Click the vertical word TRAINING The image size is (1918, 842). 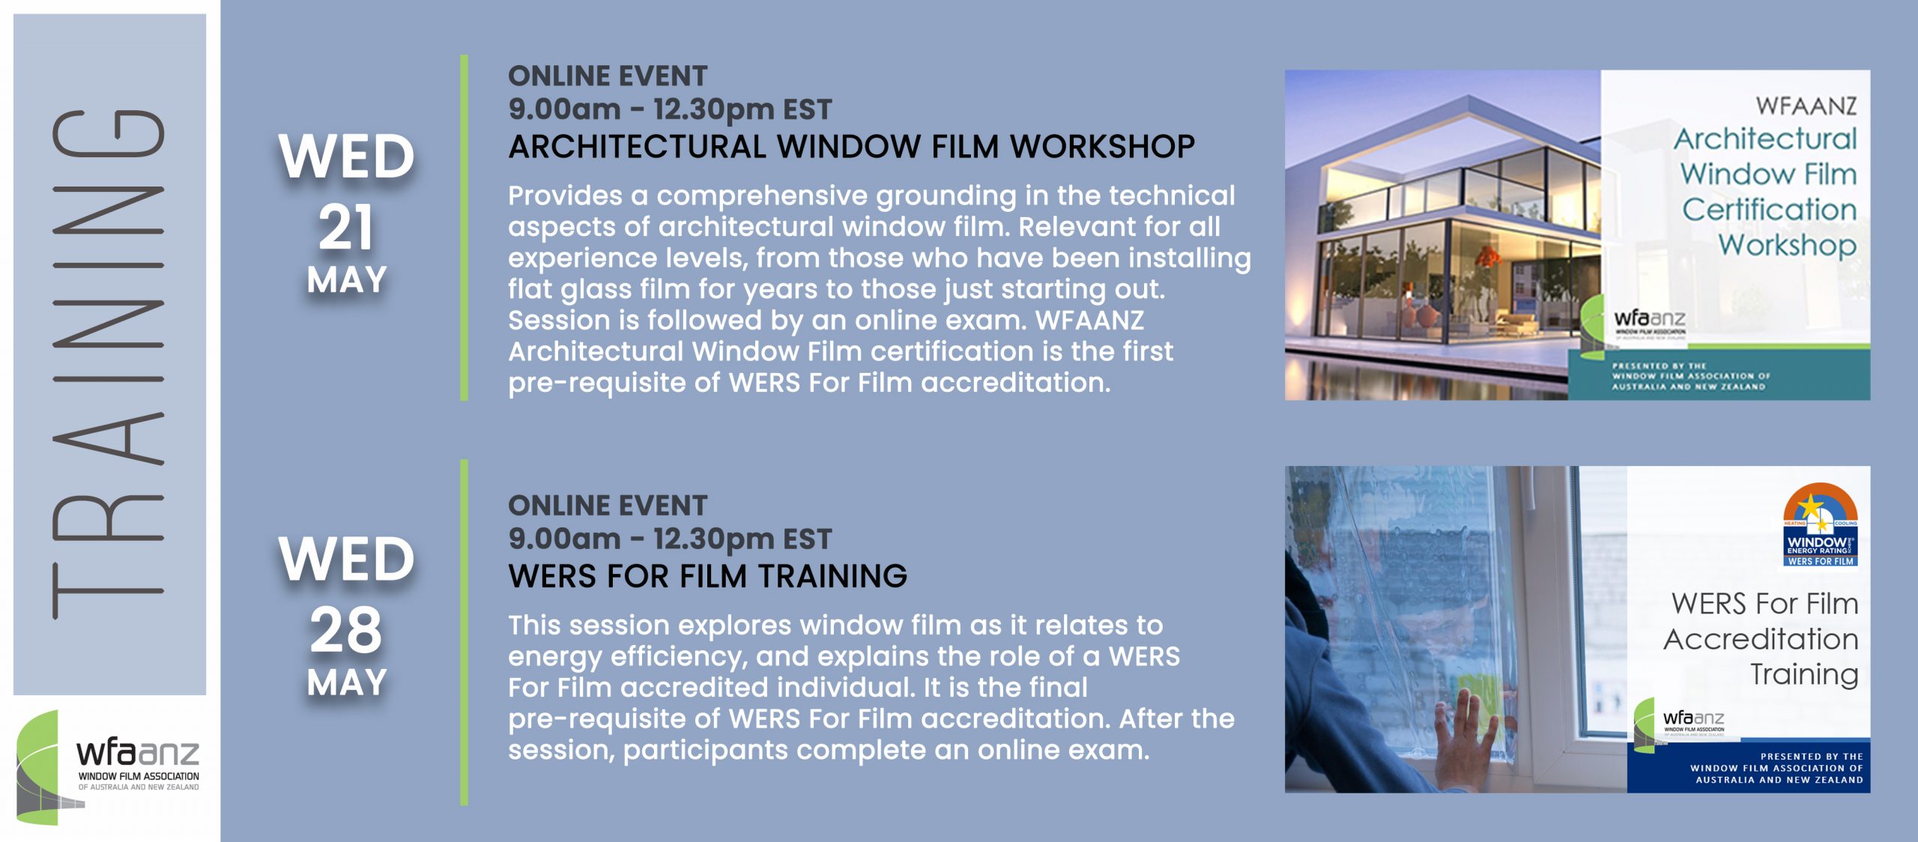pos(109,364)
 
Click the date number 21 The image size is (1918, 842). pos(346,228)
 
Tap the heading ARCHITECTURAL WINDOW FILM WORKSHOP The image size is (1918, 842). pos(851,146)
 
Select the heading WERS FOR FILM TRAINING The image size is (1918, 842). pos(707,576)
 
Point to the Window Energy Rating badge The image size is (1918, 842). pos(1821,524)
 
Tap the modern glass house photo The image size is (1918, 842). pos(1442,234)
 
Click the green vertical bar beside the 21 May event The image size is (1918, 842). pos(465,228)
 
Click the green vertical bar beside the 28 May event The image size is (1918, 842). pos(465,632)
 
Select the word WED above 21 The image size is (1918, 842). pos(346,157)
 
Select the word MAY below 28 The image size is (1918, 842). pos(346,682)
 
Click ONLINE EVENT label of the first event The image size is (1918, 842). pos(608,76)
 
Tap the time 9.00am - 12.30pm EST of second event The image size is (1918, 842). pos(670,539)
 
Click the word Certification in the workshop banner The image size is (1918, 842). pos(1770,209)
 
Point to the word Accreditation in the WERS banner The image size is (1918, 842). pos(1761,639)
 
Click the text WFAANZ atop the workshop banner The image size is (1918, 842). pos(1806,106)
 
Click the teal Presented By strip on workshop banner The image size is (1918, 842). pos(1719,376)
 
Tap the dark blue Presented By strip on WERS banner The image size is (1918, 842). pos(1749,766)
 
